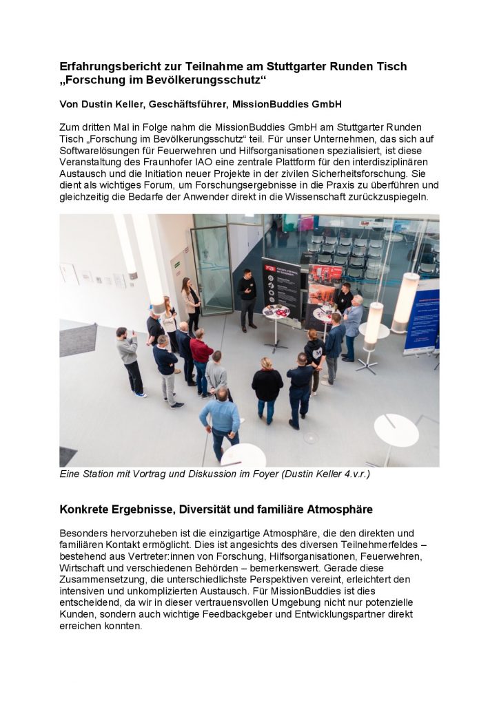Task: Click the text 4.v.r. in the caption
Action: pos(356,474)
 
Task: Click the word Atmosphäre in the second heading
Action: pos(331,510)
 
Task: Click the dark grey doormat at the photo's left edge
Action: pos(78,339)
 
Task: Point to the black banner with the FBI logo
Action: pos(281,286)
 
